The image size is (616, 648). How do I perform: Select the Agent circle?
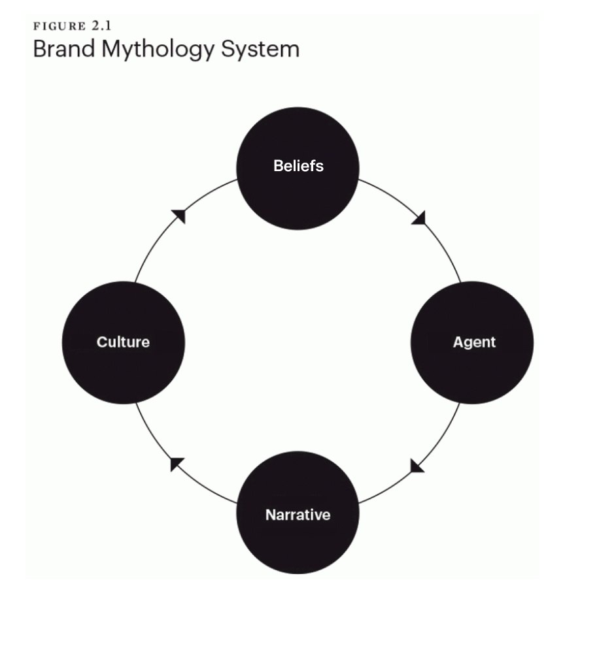pyautogui.click(x=471, y=372)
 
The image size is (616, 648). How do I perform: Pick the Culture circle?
pyautogui.click(x=124, y=372)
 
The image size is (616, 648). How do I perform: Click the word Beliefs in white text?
pyautogui.click(x=298, y=166)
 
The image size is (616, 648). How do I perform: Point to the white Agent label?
pyautogui.click(x=474, y=342)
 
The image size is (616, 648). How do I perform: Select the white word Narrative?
pyautogui.click(x=298, y=515)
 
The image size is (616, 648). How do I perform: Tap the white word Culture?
pyautogui.click(x=123, y=342)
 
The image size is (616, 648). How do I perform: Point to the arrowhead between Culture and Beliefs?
pyautogui.click(x=179, y=216)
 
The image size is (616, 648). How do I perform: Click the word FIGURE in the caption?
pyautogui.click(x=60, y=26)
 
